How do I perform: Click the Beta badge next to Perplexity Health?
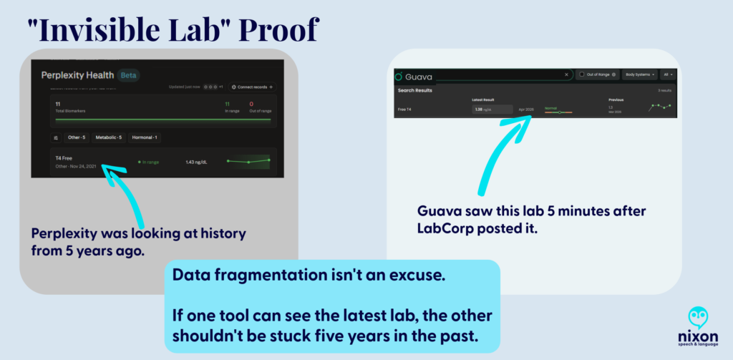pos(129,75)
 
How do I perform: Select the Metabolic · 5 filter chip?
pos(110,137)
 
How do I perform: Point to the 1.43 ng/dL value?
pos(196,162)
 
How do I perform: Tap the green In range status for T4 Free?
pos(149,162)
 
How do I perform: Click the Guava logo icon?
pos(399,75)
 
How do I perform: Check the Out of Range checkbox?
pos(582,74)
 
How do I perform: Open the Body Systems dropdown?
pos(639,74)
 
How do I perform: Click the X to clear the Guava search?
pos(566,74)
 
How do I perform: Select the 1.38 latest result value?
pos(479,110)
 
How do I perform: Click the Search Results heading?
pos(414,91)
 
